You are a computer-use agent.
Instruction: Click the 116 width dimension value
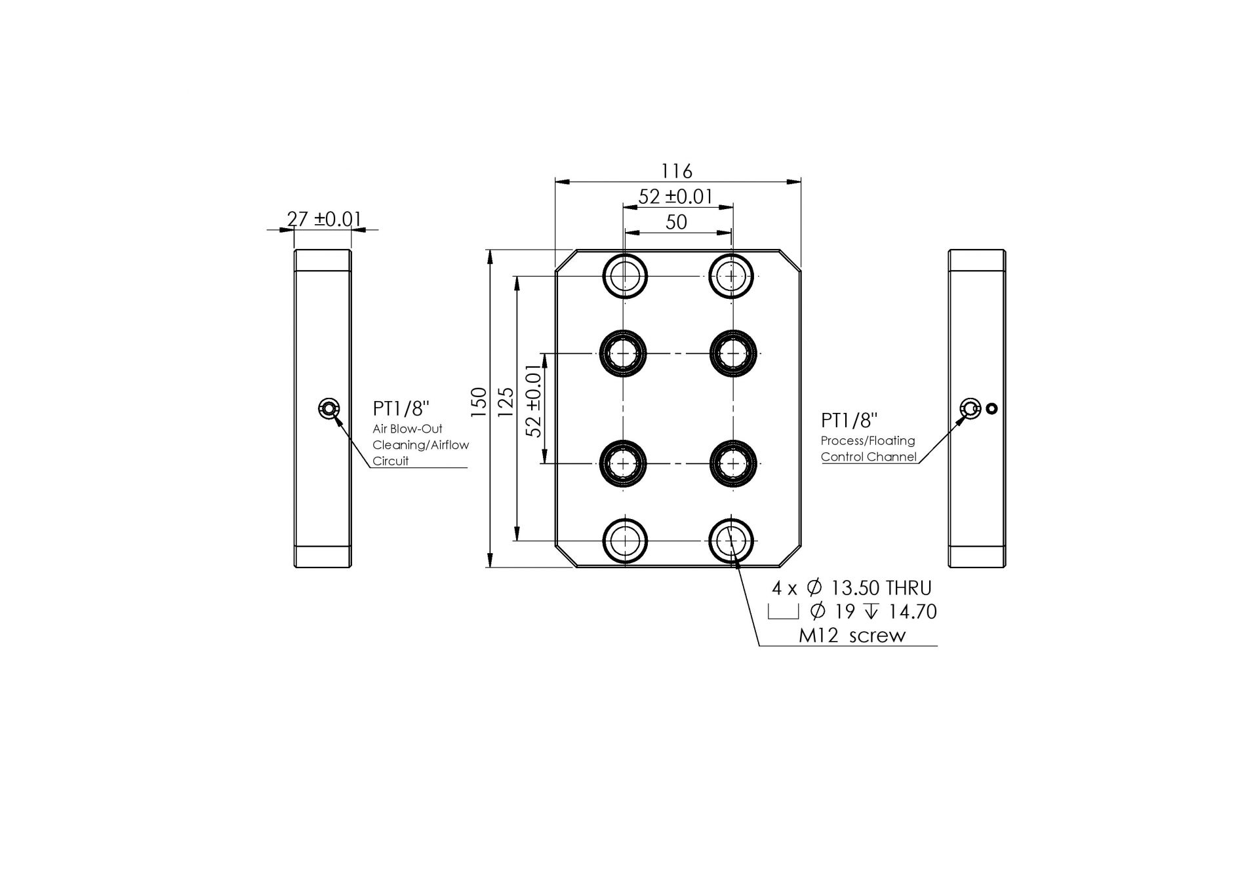676,171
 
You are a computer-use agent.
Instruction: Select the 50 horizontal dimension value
676,222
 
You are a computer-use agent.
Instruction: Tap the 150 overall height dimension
479,402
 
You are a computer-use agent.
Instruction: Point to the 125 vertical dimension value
505,402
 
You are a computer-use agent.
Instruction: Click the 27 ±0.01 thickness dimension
324,218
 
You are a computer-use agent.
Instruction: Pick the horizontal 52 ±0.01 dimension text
675,196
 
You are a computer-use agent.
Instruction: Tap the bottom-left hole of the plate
626,541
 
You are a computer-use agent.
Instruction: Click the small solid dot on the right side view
991,409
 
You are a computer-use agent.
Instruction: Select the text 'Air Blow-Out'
407,429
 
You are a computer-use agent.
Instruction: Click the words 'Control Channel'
868,457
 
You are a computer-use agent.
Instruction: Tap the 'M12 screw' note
852,635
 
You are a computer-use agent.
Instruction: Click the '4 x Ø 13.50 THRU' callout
851,588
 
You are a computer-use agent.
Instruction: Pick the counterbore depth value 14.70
912,611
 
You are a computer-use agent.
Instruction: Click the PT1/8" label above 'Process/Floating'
849,421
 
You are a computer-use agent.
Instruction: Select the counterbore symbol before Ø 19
783,612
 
